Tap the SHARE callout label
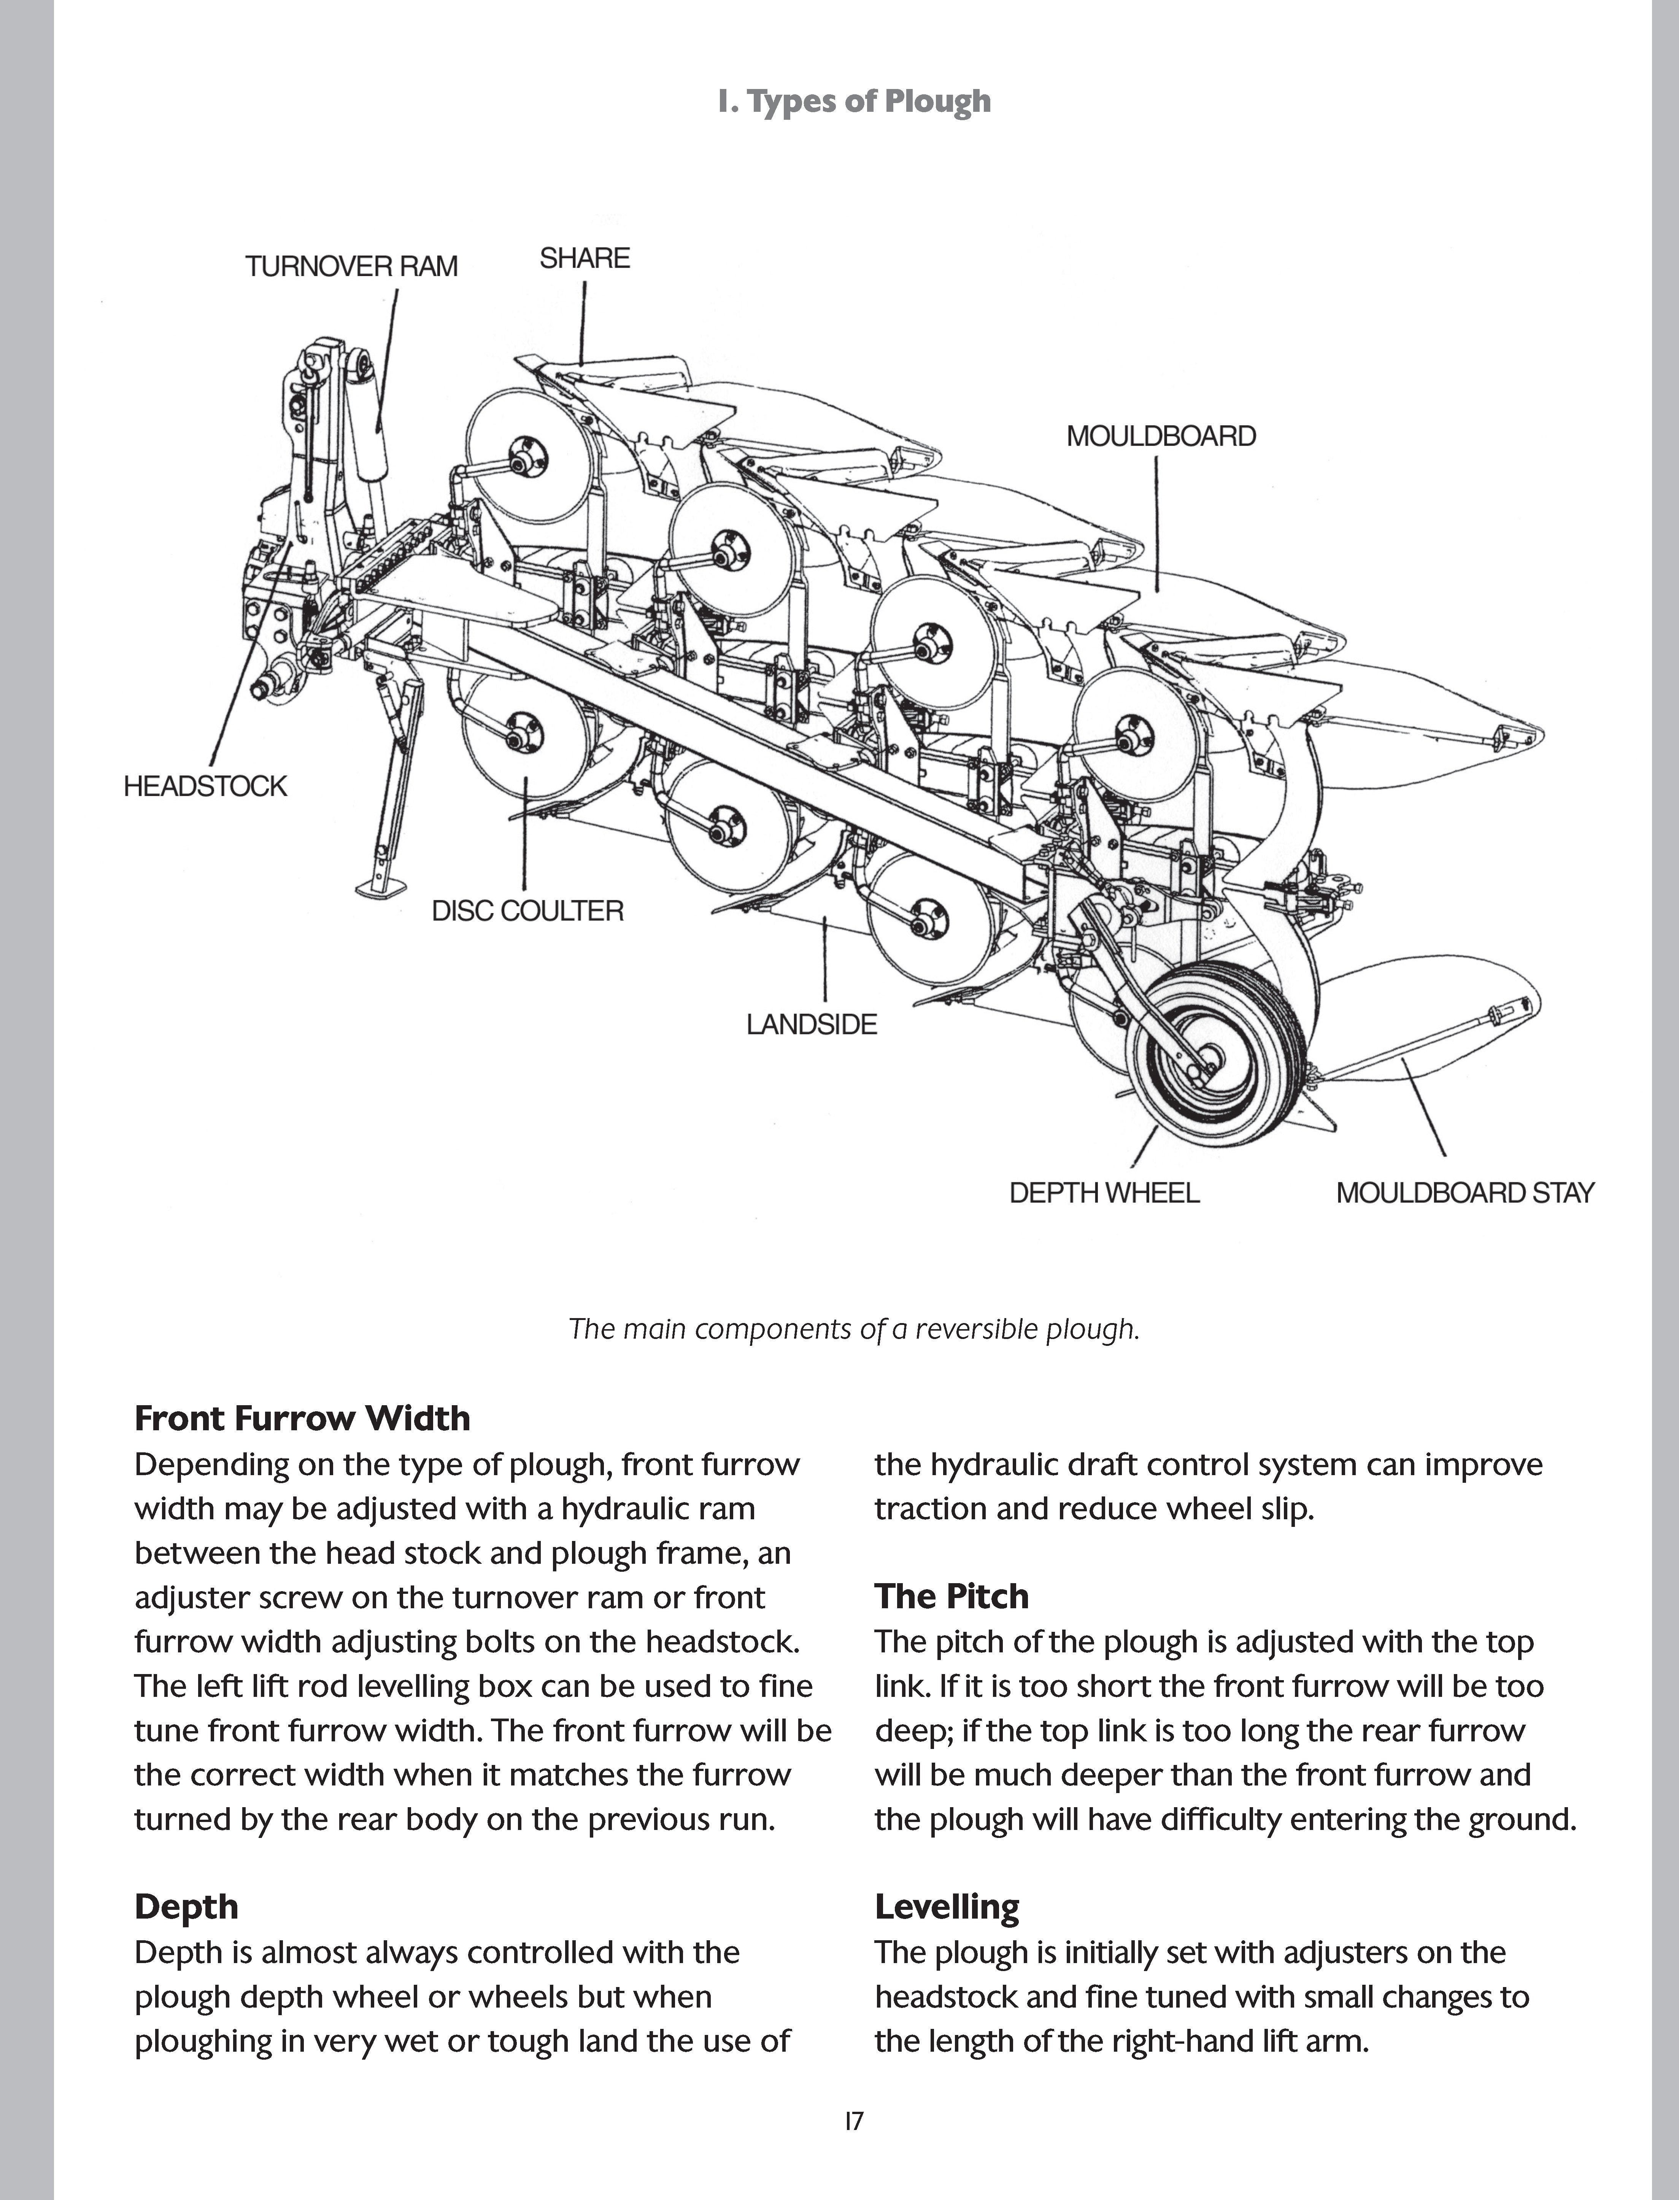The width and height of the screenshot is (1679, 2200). pyautogui.click(x=585, y=259)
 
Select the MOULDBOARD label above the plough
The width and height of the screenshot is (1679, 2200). pyautogui.click(x=1160, y=437)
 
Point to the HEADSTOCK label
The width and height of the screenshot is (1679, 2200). pyautogui.click(x=205, y=787)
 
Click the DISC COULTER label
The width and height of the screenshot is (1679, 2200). pyautogui.click(x=527, y=912)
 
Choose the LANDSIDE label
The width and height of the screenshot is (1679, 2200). pyautogui.click(x=812, y=1025)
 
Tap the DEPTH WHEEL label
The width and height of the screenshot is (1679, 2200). pyautogui.click(x=1103, y=1193)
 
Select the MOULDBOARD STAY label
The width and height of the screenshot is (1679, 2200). pyautogui.click(x=1464, y=1193)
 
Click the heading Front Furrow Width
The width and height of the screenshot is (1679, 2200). pyautogui.click(x=302, y=1418)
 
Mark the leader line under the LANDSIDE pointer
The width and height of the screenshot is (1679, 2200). pyautogui.click(x=824, y=959)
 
